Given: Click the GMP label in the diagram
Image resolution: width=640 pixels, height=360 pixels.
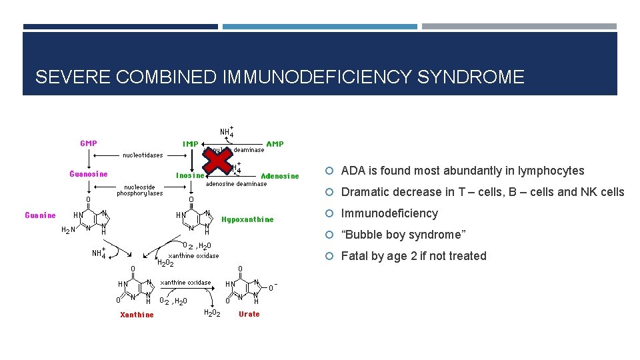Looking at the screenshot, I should tap(89, 143).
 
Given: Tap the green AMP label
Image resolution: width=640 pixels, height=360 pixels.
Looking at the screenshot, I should tap(275, 143).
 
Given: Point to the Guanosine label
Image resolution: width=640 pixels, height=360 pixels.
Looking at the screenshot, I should tap(89, 175).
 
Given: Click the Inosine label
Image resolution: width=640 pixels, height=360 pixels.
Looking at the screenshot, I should tap(190, 176).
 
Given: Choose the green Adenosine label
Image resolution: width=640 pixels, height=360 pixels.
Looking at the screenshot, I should tap(280, 176).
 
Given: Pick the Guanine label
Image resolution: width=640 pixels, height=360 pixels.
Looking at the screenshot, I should tap(40, 215).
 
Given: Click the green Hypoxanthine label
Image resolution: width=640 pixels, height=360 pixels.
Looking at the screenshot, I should tap(247, 219).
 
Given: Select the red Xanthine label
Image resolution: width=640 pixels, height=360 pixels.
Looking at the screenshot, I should tap(137, 315).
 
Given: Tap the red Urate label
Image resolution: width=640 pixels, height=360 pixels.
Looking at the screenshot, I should tap(249, 314).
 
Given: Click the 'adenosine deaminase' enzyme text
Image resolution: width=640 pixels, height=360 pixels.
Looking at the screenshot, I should tap(237, 183).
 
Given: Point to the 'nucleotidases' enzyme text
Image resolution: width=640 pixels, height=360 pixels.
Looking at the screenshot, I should tap(142, 155).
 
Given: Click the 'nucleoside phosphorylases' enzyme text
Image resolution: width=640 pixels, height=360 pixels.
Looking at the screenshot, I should tap(140, 190).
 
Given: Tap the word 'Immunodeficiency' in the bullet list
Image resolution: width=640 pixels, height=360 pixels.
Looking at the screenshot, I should tap(389, 213).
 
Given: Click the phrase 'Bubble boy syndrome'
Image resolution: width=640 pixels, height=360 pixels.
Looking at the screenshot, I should tap(403, 235).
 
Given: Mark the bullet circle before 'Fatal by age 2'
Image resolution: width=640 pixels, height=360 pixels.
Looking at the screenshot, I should tap(333, 257).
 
